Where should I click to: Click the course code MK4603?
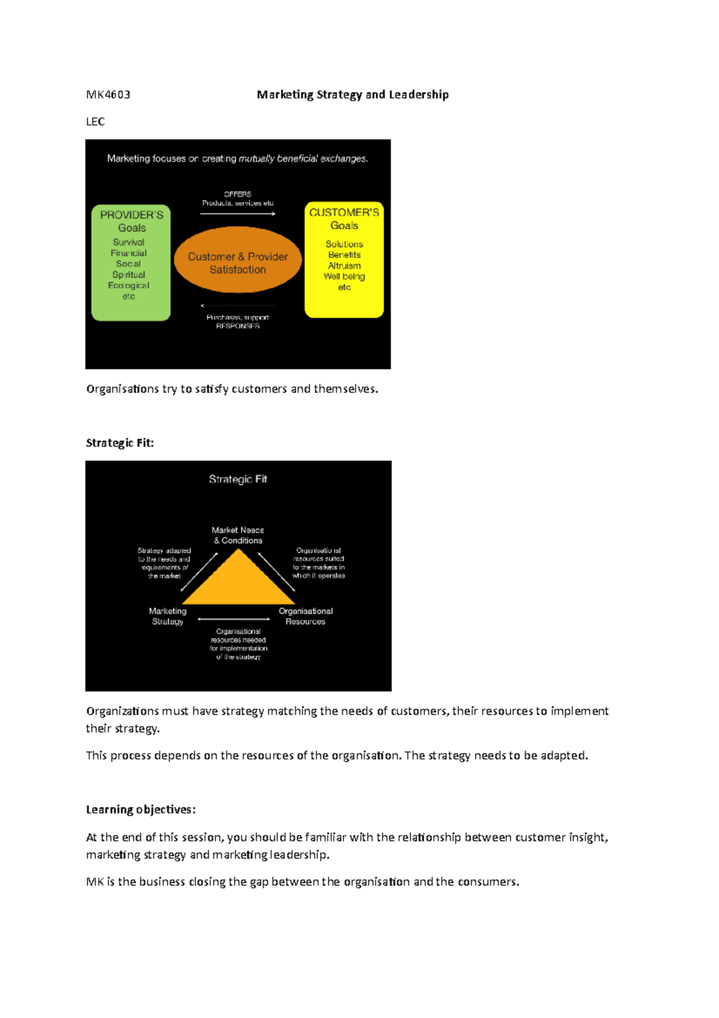pyautogui.click(x=108, y=95)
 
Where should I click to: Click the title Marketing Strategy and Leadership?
pyautogui.click(x=352, y=95)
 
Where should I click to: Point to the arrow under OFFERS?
pyautogui.click(x=238, y=214)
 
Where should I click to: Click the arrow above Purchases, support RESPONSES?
pyautogui.click(x=238, y=306)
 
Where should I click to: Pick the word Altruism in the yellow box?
pyautogui.click(x=344, y=266)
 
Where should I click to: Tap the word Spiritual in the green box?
pyautogui.click(x=129, y=275)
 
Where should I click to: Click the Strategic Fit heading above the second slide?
pyautogui.click(x=120, y=443)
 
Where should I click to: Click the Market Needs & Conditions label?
pyautogui.click(x=238, y=535)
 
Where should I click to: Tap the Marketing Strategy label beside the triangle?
pyautogui.click(x=168, y=616)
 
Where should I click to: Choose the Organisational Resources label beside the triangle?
pyautogui.click(x=306, y=616)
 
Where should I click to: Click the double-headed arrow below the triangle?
pyautogui.click(x=234, y=619)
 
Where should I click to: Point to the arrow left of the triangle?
pyautogui.click(x=199, y=572)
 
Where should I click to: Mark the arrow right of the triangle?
pyautogui.click(x=276, y=571)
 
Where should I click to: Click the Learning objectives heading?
pyautogui.click(x=141, y=810)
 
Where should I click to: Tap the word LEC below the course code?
pyautogui.click(x=95, y=122)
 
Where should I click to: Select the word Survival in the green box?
pyautogui.click(x=129, y=242)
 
